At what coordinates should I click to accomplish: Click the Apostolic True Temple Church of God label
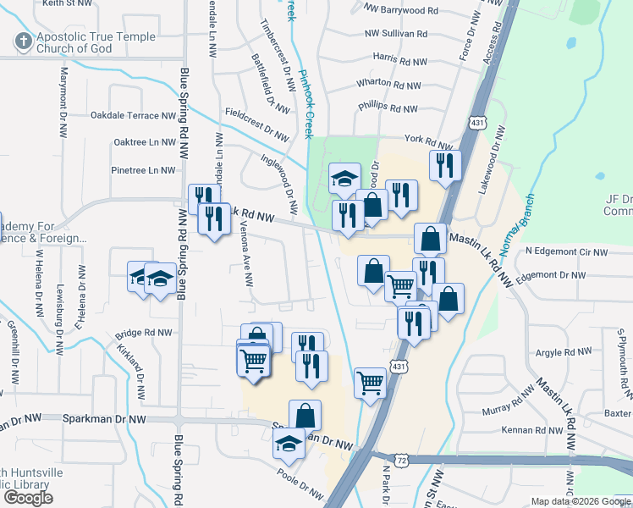pyautogui.click(x=96, y=42)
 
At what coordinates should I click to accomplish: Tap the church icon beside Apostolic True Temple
pyautogui.click(x=23, y=40)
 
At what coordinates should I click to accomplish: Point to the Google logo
pyautogui.click(x=28, y=498)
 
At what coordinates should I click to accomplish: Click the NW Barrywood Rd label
pyautogui.click(x=401, y=11)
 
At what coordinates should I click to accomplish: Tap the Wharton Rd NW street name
pyautogui.click(x=388, y=84)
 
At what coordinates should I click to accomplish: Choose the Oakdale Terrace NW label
pyautogui.click(x=133, y=115)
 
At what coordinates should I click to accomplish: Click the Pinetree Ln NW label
pyautogui.click(x=143, y=170)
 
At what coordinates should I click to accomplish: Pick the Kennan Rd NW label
pyautogui.click(x=531, y=430)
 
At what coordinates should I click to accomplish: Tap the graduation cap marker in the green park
pyautogui.click(x=344, y=178)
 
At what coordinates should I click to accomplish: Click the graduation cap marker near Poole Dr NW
pyautogui.click(x=289, y=442)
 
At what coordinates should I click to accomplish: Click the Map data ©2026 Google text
pyautogui.click(x=581, y=501)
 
